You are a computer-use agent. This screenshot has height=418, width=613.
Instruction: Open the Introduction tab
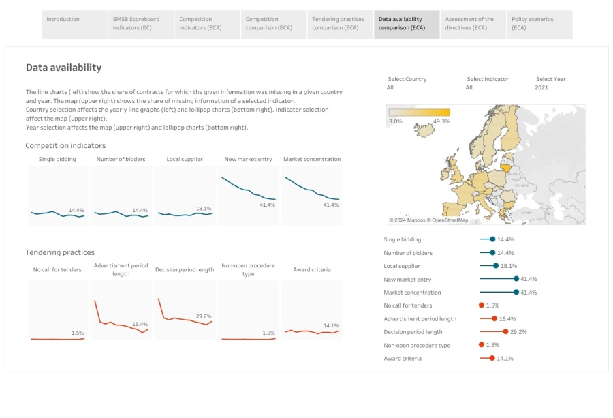(63, 20)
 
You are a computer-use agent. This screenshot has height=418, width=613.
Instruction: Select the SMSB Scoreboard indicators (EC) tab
(136, 24)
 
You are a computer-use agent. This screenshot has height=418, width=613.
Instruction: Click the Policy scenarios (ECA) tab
(533, 24)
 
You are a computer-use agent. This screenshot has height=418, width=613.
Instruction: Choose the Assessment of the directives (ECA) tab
(469, 24)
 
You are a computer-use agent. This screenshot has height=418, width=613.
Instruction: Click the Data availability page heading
(63, 68)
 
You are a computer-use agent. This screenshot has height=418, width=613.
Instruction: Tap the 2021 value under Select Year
(541, 88)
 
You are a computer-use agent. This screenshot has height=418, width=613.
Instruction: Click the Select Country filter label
(407, 79)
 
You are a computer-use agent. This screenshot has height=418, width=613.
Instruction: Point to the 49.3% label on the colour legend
(441, 121)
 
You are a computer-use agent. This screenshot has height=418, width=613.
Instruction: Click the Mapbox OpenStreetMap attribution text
(429, 220)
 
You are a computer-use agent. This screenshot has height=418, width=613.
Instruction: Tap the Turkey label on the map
(525, 213)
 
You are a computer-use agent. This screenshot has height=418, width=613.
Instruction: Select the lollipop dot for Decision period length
(505, 332)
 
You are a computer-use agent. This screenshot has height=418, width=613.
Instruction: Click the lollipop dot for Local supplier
(496, 266)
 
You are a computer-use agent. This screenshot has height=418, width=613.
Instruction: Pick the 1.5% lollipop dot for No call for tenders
(482, 305)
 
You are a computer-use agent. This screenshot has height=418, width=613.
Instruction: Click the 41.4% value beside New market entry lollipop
(529, 279)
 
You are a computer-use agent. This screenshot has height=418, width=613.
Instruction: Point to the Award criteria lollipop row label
(403, 359)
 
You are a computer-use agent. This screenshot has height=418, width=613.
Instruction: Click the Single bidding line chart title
(57, 159)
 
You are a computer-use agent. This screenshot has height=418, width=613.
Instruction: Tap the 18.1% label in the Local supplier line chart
(204, 209)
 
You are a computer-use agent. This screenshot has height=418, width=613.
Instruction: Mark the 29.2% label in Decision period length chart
(204, 316)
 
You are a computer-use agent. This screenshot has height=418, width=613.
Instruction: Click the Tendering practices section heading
(60, 252)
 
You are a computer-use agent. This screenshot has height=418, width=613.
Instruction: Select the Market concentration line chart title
(312, 159)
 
